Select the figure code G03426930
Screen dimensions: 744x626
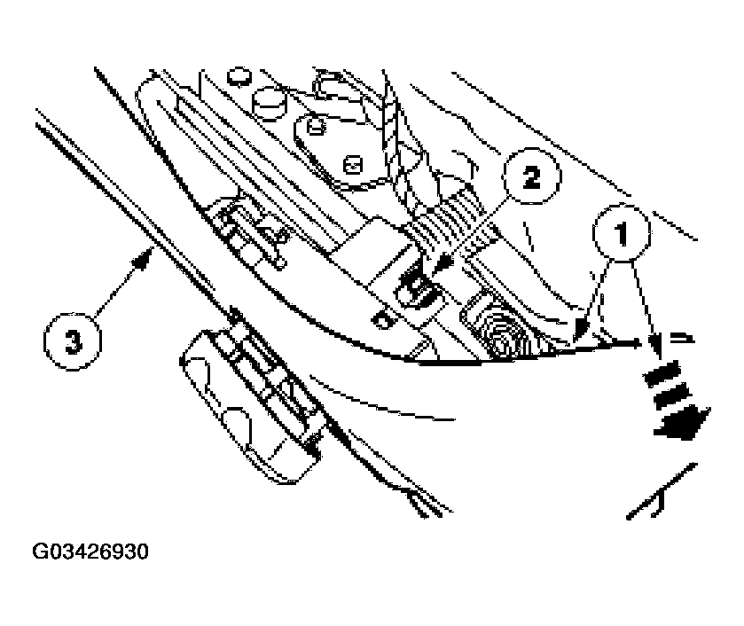click(x=91, y=552)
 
